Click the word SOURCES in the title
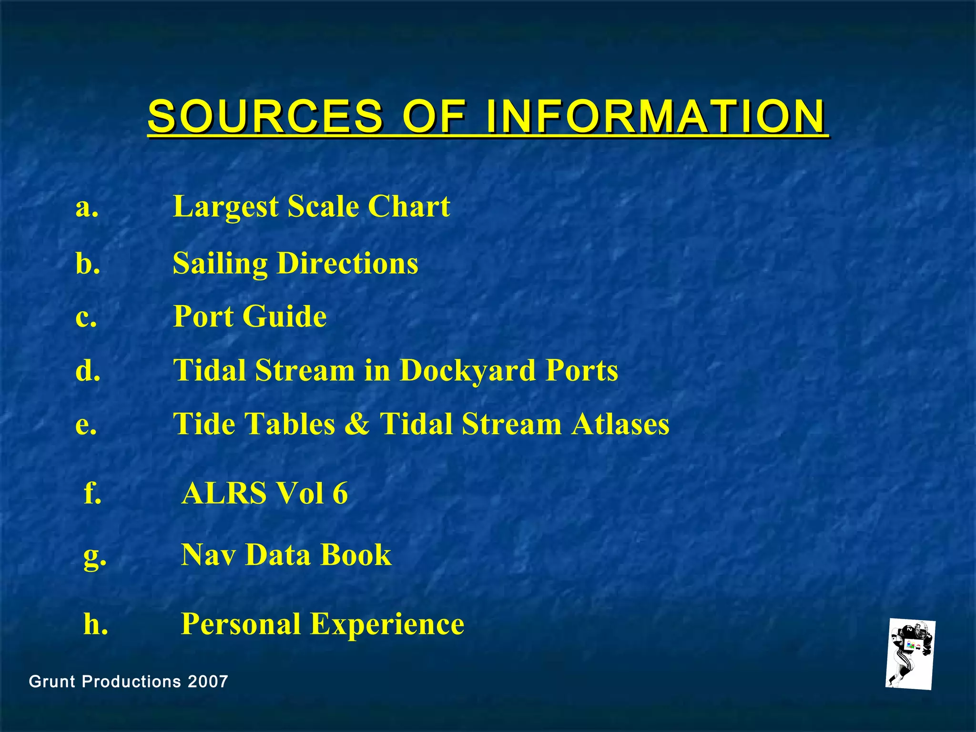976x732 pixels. pyautogui.click(x=265, y=116)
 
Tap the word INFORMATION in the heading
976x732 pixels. pyautogui.click(x=656, y=116)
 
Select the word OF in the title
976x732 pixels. pyautogui.click(x=434, y=116)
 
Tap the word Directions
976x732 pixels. pyautogui.click(x=347, y=263)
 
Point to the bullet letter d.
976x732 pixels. pyautogui.click(x=88, y=370)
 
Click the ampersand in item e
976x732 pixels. pyautogui.click(x=357, y=424)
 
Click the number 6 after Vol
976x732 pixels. pyautogui.click(x=340, y=493)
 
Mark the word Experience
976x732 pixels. pyautogui.click(x=387, y=624)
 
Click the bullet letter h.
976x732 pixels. pyautogui.click(x=95, y=624)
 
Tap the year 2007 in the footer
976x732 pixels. pyautogui.click(x=208, y=681)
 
